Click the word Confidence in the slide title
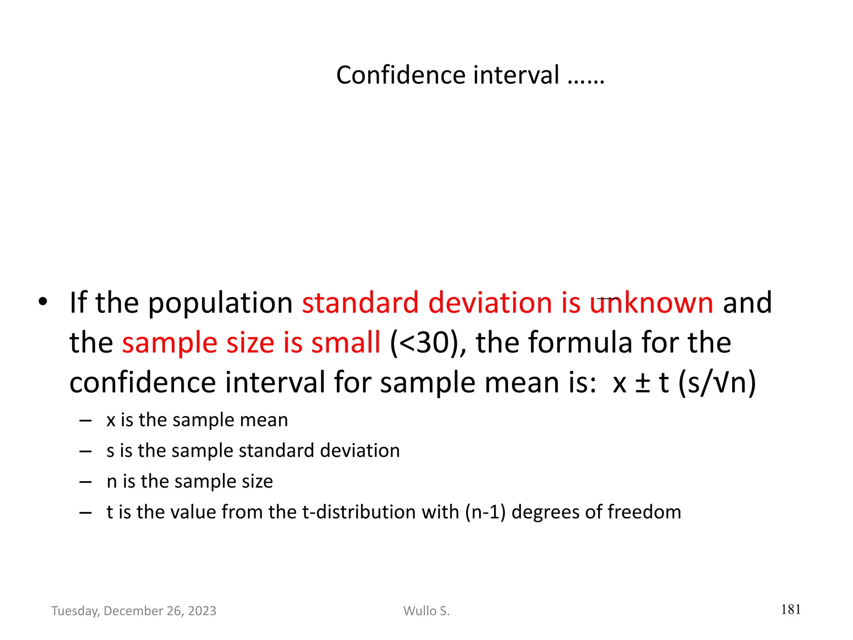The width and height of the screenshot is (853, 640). tap(400, 75)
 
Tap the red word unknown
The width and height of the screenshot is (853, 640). tap(651, 302)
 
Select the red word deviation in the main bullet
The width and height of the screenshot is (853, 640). tap(490, 302)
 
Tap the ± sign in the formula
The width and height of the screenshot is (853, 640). tap(643, 382)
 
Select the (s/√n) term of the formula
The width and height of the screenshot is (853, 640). tap(717, 382)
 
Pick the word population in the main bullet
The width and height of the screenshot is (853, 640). tap(220, 302)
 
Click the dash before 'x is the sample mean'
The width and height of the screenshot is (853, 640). tap(85, 420)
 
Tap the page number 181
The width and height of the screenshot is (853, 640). tap(791, 610)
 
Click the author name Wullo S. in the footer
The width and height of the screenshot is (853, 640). tap(426, 611)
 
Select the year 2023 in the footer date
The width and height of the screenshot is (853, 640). tap(202, 611)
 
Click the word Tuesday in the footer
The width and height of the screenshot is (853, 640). tap(75, 611)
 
